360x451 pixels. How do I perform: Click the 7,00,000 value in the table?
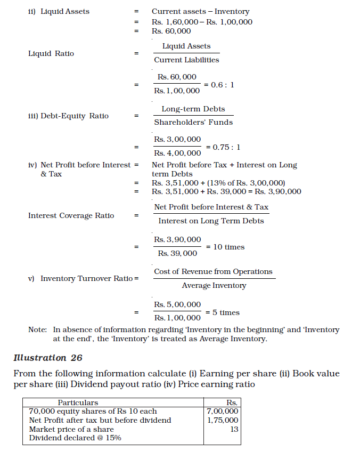pyautogui.click(x=222, y=411)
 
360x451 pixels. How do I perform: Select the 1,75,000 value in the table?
pyautogui.click(x=222, y=420)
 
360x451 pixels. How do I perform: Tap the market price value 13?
pyautogui.click(x=234, y=429)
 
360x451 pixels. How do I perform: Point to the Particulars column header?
pyautogui.click(x=78, y=402)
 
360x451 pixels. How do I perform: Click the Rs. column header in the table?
pyautogui.click(x=232, y=402)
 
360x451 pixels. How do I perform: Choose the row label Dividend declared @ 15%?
pyautogui.click(x=75, y=438)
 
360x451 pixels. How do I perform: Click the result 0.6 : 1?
pyautogui.click(x=223, y=84)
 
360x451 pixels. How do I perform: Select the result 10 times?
pyautogui.click(x=229, y=247)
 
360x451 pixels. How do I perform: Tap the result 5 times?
pyautogui.click(x=223, y=312)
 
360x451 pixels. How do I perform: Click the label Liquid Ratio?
pyautogui.click(x=51, y=53)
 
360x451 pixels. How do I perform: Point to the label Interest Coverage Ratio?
pyautogui.click(x=71, y=215)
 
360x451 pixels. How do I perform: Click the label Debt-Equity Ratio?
pyautogui.click(x=75, y=116)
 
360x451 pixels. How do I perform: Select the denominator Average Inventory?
pyautogui.click(x=214, y=285)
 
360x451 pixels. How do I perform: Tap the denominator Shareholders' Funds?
pyautogui.click(x=193, y=122)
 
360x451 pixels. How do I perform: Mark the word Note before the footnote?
pyautogui.click(x=37, y=329)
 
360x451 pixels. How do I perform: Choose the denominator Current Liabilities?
pyautogui.click(x=186, y=60)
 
